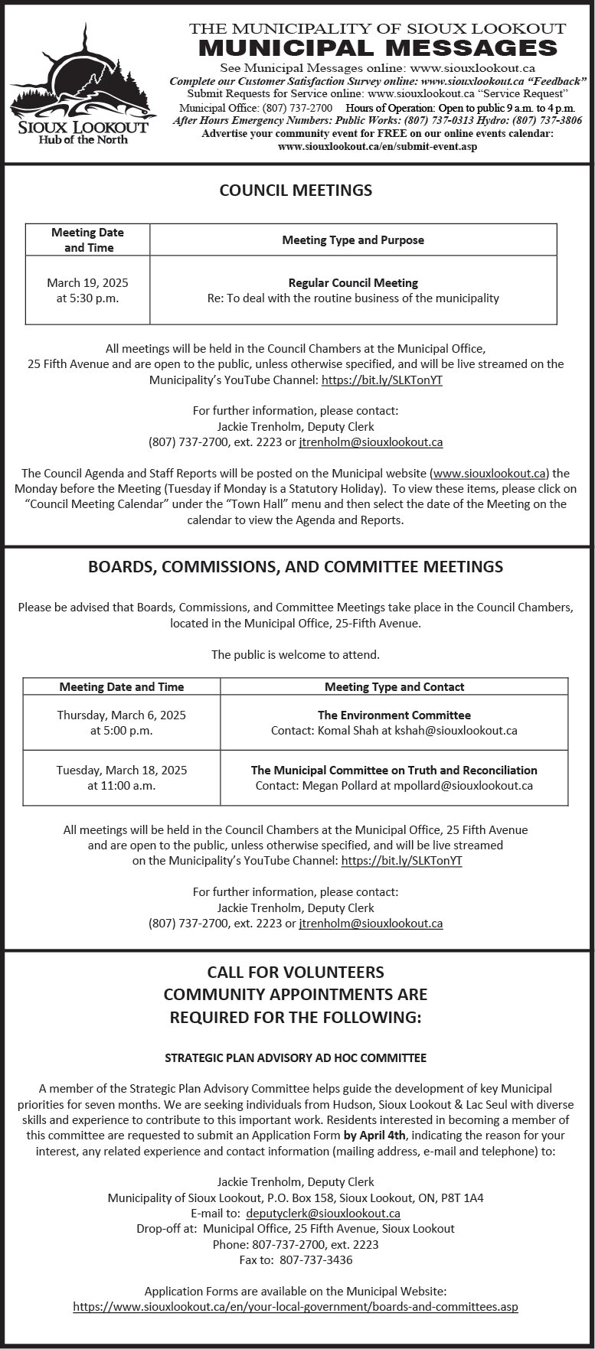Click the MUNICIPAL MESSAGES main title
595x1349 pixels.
pyautogui.click(x=378, y=48)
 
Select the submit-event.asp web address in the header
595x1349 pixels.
pyautogui.click(x=378, y=146)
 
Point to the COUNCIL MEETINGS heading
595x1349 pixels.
pyautogui.click(x=296, y=190)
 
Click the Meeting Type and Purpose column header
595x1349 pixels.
pyautogui.click(x=353, y=239)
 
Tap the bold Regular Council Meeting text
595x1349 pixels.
pyautogui.click(x=353, y=283)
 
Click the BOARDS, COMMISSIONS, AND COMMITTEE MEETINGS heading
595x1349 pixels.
pyautogui.click(x=296, y=567)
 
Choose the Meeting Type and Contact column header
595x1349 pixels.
pyautogui.click(x=394, y=686)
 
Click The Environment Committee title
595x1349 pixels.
pyautogui.click(x=394, y=715)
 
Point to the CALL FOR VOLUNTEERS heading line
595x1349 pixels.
pyautogui.click(x=296, y=972)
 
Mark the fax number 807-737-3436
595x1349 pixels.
pyautogui.click(x=316, y=1259)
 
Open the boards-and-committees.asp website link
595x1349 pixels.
pyautogui.click(x=296, y=1307)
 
